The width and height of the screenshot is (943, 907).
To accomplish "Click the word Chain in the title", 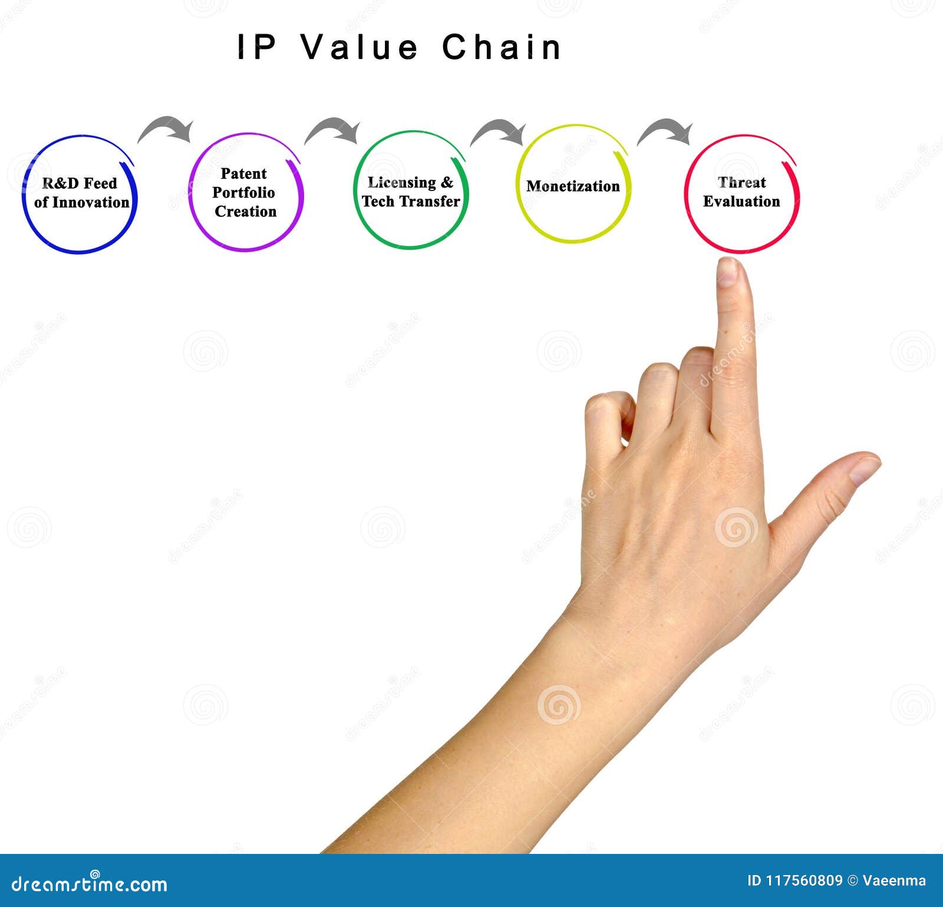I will [x=502, y=47].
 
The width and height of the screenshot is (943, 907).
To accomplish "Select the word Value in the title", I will [x=360, y=47].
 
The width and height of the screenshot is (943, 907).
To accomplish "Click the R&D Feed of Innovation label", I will [x=81, y=193].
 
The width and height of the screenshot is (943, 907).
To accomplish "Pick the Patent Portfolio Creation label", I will [x=245, y=192].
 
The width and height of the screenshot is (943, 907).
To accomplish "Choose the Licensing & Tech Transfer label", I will [x=411, y=192].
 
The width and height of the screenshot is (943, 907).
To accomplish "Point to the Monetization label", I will [x=573, y=186].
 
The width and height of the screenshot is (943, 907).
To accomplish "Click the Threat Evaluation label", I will [x=741, y=192].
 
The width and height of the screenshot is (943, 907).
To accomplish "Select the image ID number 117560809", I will [x=803, y=881].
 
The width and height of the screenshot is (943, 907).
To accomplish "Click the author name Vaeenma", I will [x=894, y=881].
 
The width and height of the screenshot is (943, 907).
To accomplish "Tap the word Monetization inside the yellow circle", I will [x=573, y=186].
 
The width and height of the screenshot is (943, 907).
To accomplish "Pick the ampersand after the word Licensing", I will [x=447, y=183].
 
